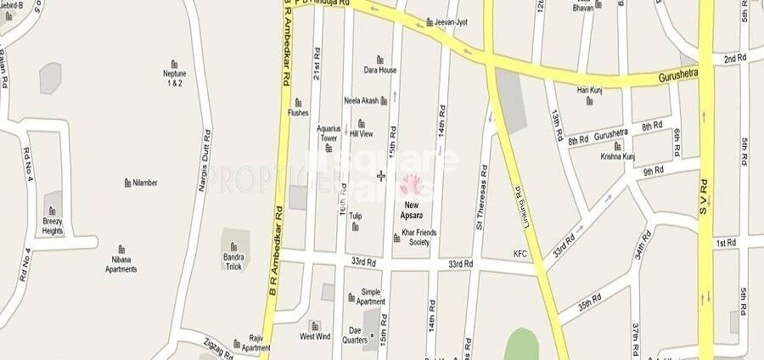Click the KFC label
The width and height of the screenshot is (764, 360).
tap(520, 253)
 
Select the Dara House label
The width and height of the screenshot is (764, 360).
tap(380, 70)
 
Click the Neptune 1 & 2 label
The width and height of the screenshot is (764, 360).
tap(174, 78)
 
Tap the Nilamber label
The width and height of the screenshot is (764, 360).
tap(144, 183)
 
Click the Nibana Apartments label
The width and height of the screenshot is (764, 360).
tap(121, 264)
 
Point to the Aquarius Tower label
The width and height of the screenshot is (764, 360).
tap(329, 133)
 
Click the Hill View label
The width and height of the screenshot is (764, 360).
tap(362, 133)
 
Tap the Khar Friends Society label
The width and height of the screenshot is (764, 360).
tap(414, 237)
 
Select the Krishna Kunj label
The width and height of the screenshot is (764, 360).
tap(617, 157)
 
